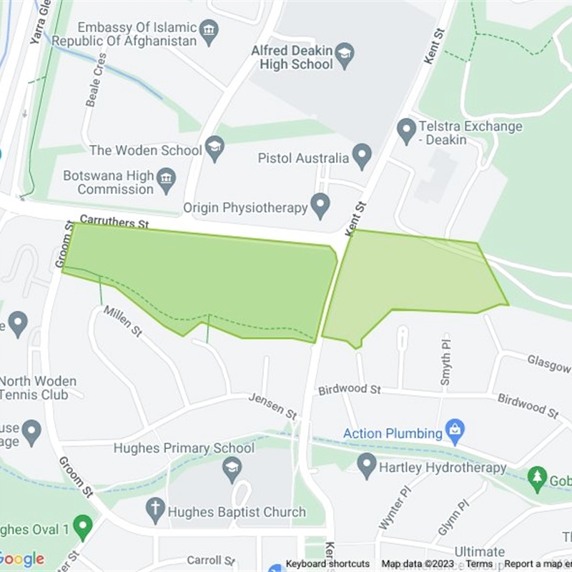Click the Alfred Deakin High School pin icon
pyautogui.click(x=345, y=57)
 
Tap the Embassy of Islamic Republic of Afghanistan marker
pyautogui.click(x=209, y=31)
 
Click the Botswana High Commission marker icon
pyautogui.click(x=167, y=181)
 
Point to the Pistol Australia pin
pyautogui.click(x=363, y=157)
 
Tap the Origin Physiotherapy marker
pyautogui.click(x=320, y=207)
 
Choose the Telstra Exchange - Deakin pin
pyautogui.click(x=407, y=132)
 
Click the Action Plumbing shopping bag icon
pyautogui.click(x=453, y=431)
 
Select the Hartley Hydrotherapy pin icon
pyautogui.click(x=367, y=466)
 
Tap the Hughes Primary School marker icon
pyautogui.click(x=232, y=469)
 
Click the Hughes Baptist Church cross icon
pyautogui.click(x=155, y=511)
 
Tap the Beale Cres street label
pyautogui.click(x=96, y=79)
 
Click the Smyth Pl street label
pyautogui.click(x=445, y=369)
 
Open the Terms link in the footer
pyautogui.click(x=479, y=564)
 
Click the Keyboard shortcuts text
pyautogui.click(x=327, y=564)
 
